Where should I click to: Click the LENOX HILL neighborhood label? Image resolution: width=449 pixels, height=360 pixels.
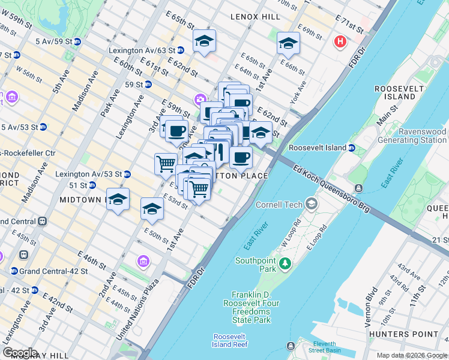pyautogui.click(x=255, y=17)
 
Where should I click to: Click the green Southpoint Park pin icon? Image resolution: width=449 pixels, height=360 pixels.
pyautogui.click(x=286, y=263)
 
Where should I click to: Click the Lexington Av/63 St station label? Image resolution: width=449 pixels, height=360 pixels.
pyautogui.click(x=142, y=50)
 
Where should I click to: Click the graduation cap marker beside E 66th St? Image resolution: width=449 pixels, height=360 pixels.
pyautogui.click(x=288, y=44)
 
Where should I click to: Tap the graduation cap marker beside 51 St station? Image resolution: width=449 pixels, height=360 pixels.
pyautogui.click(x=118, y=199)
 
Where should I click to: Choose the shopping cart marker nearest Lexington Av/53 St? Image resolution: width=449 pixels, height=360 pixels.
pyautogui.click(x=166, y=163)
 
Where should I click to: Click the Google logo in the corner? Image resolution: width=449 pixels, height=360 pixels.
pyautogui.click(x=20, y=353)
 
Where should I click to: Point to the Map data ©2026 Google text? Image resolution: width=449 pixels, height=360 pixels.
pyautogui.click(x=412, y=356)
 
